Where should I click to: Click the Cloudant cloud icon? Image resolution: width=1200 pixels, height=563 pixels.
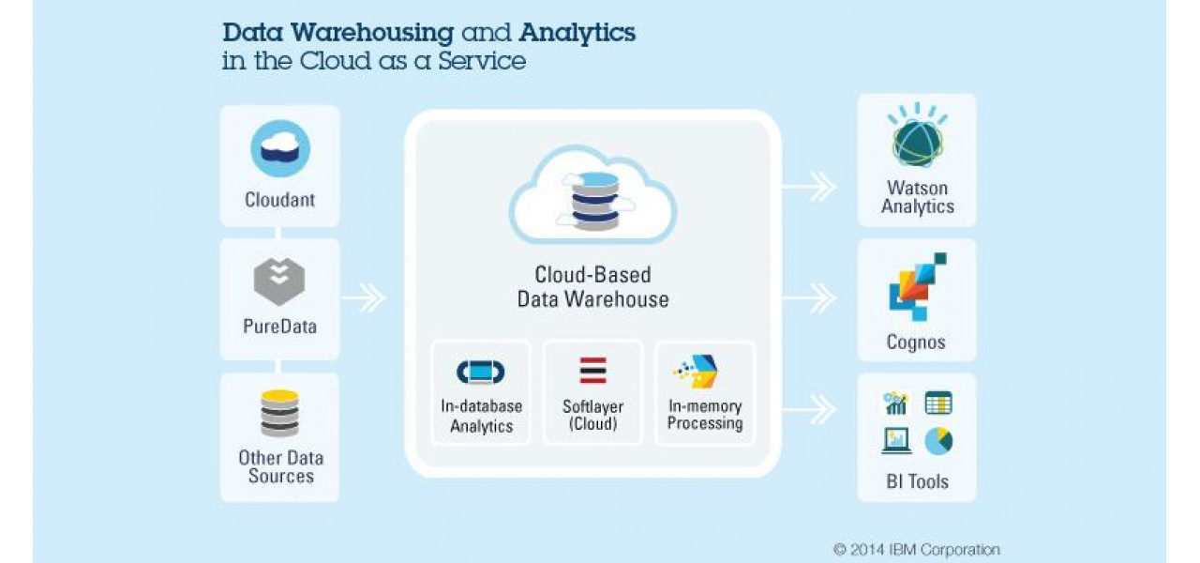pyautogui.click(x=279, y=149)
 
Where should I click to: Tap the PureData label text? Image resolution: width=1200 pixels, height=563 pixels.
pyautogui.click(x=279, y=327)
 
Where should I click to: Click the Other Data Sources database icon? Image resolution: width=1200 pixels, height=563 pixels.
pyautogui.click(x=279, y=413)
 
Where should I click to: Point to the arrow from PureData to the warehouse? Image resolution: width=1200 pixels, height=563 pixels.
pyautogui.click(x=363, y=298)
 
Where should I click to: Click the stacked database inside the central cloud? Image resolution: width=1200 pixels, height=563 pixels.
pyautogui.click(x=595, y=201)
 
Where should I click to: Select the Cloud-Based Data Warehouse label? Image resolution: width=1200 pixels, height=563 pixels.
pyautogui.click(x=592, y=287)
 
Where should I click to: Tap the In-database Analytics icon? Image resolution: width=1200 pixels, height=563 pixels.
pyautogui.click(x=480, y=373)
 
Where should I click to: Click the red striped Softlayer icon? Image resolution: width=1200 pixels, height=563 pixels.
pyautogui.click(x=592, y=371)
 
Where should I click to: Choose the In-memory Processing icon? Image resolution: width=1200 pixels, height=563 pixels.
pyautogui.click(x=697, y=372)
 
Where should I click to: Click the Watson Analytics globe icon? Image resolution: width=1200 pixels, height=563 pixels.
pyautogui.click(x=917, y=140)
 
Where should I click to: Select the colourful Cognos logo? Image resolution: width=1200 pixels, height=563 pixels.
pyautogui.click(x=916, y=287)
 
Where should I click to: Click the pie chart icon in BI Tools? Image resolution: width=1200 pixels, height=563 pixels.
pyautogui.click(x=937, y=439)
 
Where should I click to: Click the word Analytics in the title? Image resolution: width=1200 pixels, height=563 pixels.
pyautogui.click(x=577, y=33)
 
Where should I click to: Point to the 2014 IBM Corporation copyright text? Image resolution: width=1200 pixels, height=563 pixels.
pyautogui.click(x=916, y=550)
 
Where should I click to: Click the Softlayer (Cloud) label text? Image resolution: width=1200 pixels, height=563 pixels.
pyautogui.click(x=592, y=416)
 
